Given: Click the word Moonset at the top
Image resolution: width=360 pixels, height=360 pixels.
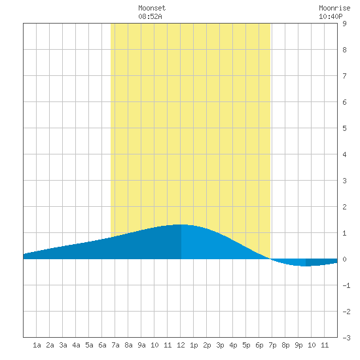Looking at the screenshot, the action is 152,8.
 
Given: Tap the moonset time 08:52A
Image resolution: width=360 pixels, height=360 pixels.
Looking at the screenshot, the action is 150,16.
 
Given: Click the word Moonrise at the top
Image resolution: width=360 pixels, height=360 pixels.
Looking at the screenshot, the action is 334,8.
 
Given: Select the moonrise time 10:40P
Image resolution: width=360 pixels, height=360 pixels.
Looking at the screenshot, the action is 331,16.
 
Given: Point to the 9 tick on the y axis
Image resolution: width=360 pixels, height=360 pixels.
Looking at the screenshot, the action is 344,24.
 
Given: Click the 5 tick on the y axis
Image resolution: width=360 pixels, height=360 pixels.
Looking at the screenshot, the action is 344,128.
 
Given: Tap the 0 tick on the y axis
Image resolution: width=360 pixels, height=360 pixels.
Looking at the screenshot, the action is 344,259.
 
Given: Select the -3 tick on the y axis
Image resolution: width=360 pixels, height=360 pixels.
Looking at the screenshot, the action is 346,338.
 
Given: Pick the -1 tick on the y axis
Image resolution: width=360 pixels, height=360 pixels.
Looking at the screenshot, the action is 346,285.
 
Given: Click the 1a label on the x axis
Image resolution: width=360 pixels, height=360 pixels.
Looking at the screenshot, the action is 37,345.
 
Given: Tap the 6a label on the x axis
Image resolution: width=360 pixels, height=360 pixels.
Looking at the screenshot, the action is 102,345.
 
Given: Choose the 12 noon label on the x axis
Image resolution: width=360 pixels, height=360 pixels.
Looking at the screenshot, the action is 181,345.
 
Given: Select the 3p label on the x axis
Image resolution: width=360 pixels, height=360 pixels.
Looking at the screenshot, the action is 220,345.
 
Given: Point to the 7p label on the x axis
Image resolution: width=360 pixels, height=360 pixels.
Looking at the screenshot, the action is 272,345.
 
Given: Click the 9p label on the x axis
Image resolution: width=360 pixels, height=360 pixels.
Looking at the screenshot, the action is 298,345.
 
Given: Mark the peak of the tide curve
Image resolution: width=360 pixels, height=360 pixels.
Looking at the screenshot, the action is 181,225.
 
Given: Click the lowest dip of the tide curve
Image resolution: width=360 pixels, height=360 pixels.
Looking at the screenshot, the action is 305,266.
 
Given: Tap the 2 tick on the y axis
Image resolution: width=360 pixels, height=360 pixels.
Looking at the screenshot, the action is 344,207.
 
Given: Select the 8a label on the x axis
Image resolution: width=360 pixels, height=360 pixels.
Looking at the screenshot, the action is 128,345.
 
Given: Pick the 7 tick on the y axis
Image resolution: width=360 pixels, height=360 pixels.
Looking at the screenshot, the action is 344,76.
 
